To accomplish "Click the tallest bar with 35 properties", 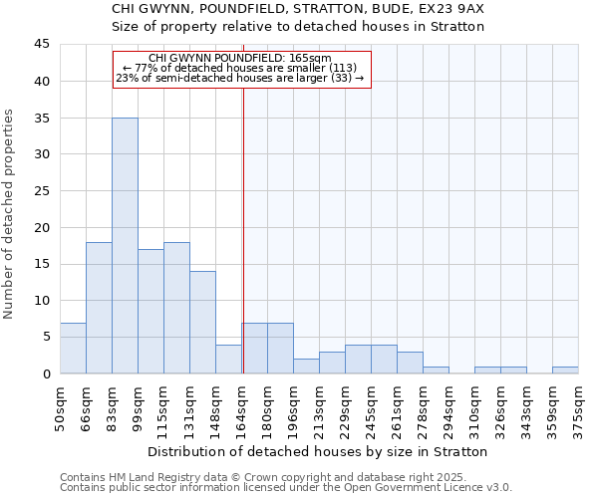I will click(125, 245).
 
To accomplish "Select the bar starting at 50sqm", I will click(73, 348).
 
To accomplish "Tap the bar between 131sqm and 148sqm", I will click(202, 322).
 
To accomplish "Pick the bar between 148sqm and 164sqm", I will click(228, 359).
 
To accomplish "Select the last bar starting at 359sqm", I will click(565, 370).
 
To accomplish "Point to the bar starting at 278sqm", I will click(436, 370).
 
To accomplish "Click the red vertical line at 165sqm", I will click(243, 219).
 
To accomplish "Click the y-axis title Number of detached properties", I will click(10, 213).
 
